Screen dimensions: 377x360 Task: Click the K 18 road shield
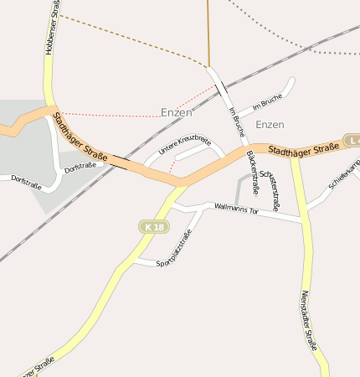coord(152,227)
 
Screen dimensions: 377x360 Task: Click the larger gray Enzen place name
coord(177,111)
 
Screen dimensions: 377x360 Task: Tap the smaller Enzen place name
coord(270,124)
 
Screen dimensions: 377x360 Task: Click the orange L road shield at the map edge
coord(352,140)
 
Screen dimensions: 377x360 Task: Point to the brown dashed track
coord(134,38)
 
